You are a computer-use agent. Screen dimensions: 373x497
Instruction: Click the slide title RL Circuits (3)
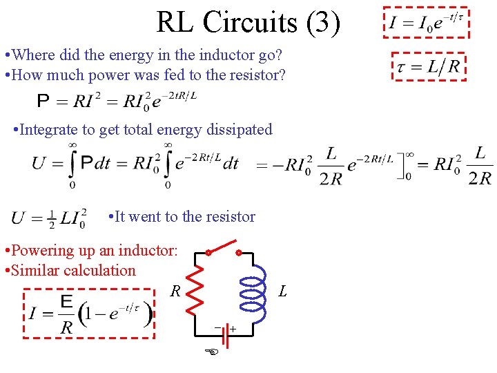tap(248, 22)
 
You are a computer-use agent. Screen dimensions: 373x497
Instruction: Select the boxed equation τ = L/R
tap(429, 66)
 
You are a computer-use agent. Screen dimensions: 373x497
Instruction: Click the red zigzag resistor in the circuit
tap(196, 288)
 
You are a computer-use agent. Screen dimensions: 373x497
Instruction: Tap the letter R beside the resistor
tap(176, 291)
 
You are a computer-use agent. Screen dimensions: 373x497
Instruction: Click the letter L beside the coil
tap(282, 291)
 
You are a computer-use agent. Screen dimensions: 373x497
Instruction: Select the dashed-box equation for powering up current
tap(90, 315)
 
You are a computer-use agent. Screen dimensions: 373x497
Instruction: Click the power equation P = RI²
tap(117, 102)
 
